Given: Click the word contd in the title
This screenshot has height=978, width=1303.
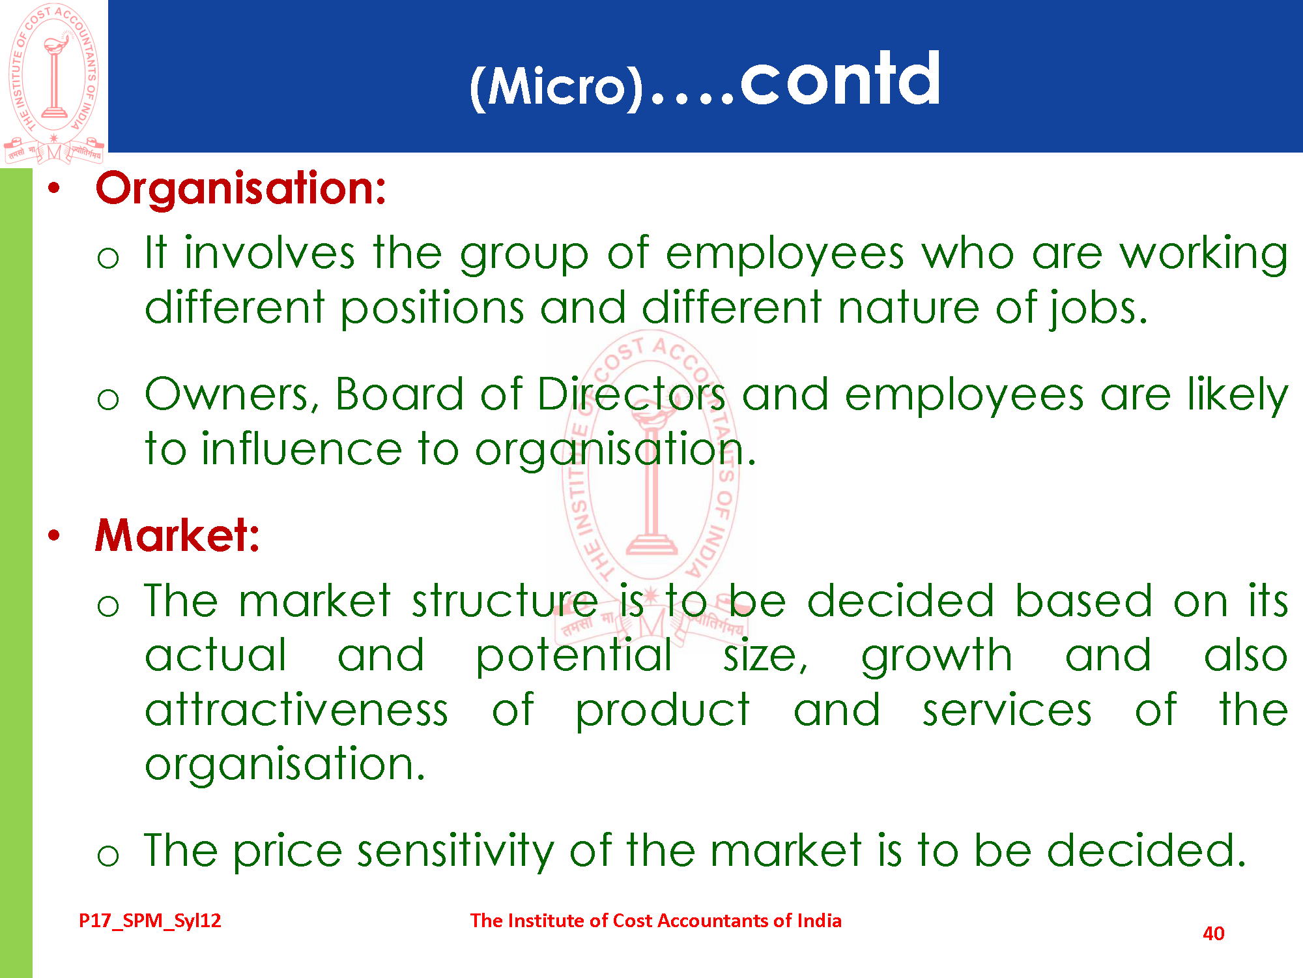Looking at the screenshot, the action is point(840,79).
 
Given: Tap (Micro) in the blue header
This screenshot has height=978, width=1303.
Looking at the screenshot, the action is point(556,87).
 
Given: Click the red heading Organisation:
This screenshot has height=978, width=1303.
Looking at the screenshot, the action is point(241,188).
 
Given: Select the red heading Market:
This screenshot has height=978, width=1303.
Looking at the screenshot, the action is point(177,535).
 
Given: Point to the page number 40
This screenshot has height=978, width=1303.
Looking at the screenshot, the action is point(1213,934).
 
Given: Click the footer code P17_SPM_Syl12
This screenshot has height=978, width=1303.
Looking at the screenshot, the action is point(150,921).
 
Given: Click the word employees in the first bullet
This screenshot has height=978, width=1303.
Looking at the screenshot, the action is point(785,254).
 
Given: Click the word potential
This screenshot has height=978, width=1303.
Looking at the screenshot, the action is point(574,656).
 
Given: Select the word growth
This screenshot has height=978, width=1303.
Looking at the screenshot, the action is point(937,656).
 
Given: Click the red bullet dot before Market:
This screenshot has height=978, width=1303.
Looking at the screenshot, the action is point(54,536).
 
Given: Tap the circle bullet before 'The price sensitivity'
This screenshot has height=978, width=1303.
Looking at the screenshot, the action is point(108,855).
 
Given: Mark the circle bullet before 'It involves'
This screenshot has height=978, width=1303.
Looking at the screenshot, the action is point(108,258).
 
